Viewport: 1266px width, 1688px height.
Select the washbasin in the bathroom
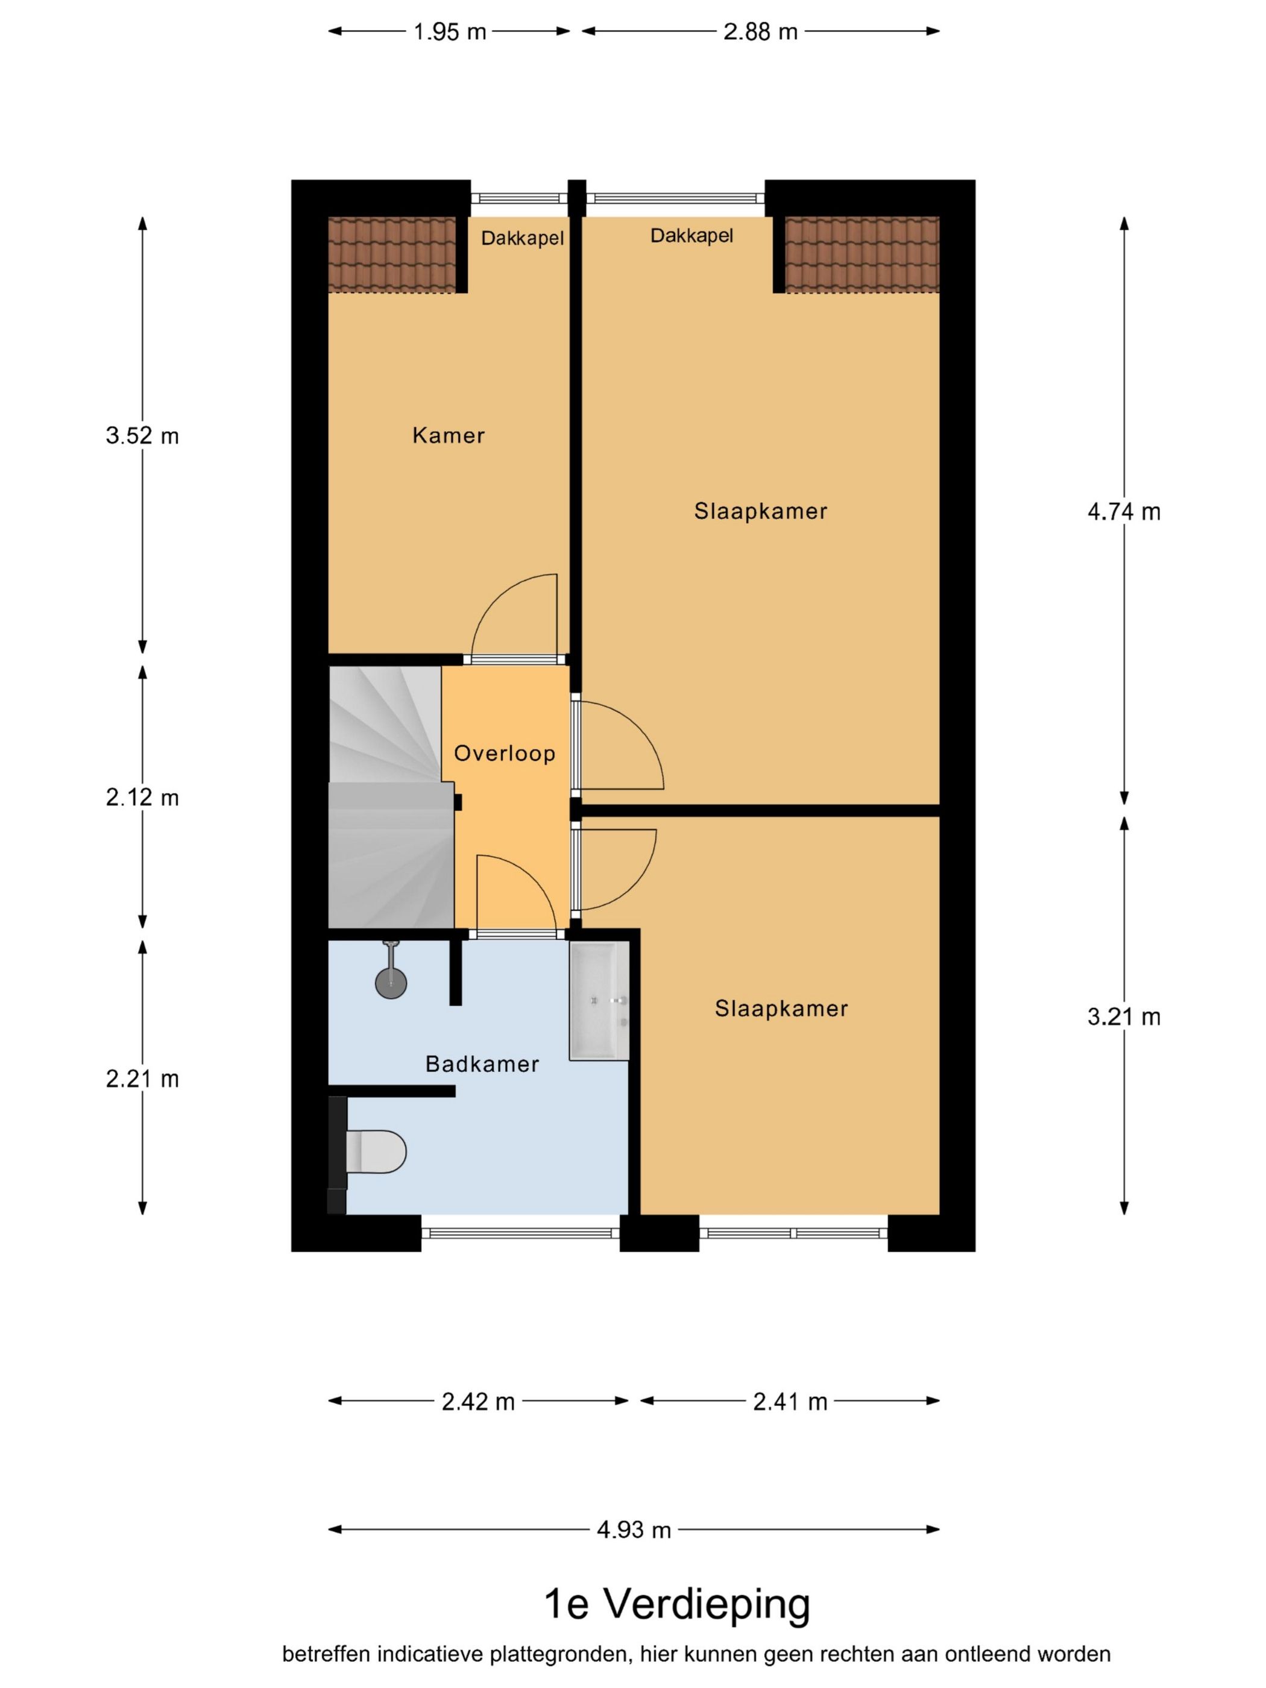pyautogui.click(x=599, y=1000)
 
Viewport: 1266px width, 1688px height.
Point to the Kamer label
pyautogui.click(x=448, y=436)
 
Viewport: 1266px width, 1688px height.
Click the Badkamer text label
pyautogui.click(x=482, y=1064)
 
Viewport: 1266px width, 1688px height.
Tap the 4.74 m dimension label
pyautogui.click(x=1123, y=512)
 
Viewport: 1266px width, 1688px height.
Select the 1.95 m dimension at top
pyautogui.click(x=450, y=32)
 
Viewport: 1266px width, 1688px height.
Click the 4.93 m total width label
pyautogui.click(x=634, y=1530)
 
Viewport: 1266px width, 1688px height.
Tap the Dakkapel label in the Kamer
pyautogui.click(x=522, y=239)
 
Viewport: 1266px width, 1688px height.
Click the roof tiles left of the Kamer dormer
pyautogui.click(x=391, y=254)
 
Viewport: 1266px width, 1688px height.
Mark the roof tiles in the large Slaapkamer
pyautogui.click(x=861, y=254)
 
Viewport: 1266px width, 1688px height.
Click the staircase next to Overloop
pyautogui.click(x=385, y=798)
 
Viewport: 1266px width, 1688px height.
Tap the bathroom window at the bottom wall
pyautogui.click(x=520, y=1232)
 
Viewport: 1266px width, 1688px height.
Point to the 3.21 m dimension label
pyautogui.click(x=1123, y=1017)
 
